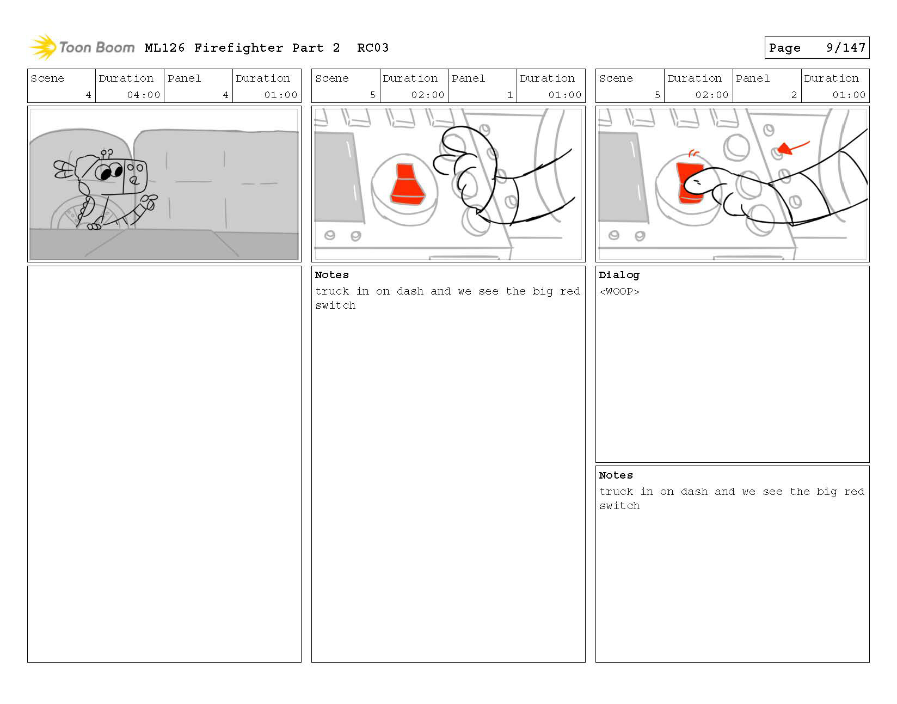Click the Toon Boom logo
click(x=82, y=47)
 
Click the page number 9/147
click(x=845, y=48)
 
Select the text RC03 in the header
click(x=373, y=48)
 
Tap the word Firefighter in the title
click(x=238, y=48)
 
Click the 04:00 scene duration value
click(x=143, y=95)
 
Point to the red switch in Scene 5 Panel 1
click(x=408, y=184)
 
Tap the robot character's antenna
click(x=107, y=154)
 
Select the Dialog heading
click(x=619, y=275)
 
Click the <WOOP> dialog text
click(x=619, y=291)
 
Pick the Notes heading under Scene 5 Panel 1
click(x=331, y=275)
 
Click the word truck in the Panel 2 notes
click(x=616, y=491)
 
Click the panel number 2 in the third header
click(x=794, y=95)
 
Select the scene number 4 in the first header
click(x=88, y=95)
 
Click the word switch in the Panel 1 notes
click(x=335, y=305)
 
